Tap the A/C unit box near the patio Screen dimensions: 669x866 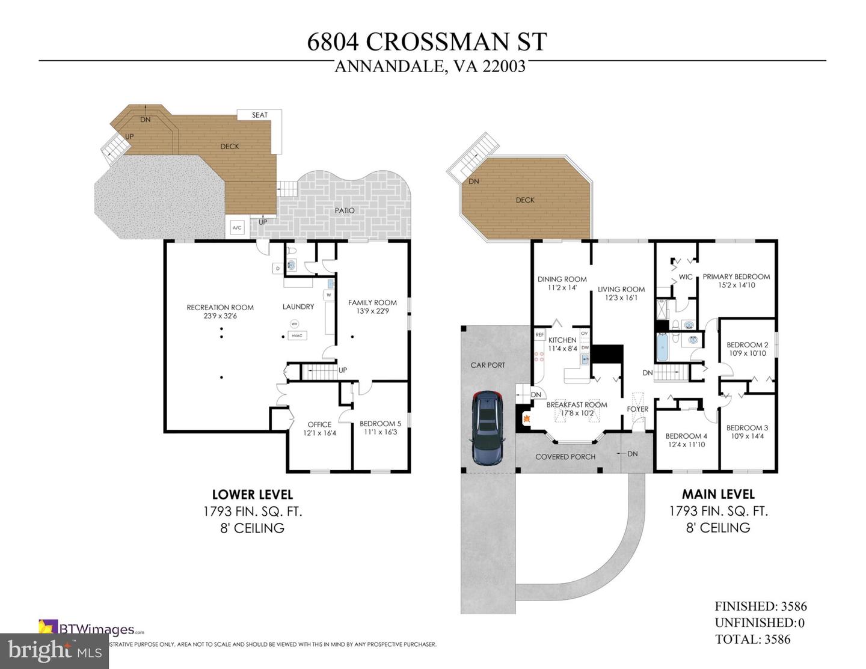236,228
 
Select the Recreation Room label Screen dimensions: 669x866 220,307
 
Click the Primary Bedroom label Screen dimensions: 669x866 736,276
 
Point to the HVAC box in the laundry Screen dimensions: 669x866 296,335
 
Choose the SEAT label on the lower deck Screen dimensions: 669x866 260,115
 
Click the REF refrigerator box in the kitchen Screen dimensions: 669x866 539,335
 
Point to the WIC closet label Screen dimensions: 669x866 686,277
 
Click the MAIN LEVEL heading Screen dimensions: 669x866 718,494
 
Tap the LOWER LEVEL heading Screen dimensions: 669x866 253,494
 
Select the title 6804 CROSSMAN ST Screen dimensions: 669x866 427,41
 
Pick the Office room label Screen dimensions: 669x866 319,424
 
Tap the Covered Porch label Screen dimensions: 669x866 565,457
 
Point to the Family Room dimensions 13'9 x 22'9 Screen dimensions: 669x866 372,311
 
